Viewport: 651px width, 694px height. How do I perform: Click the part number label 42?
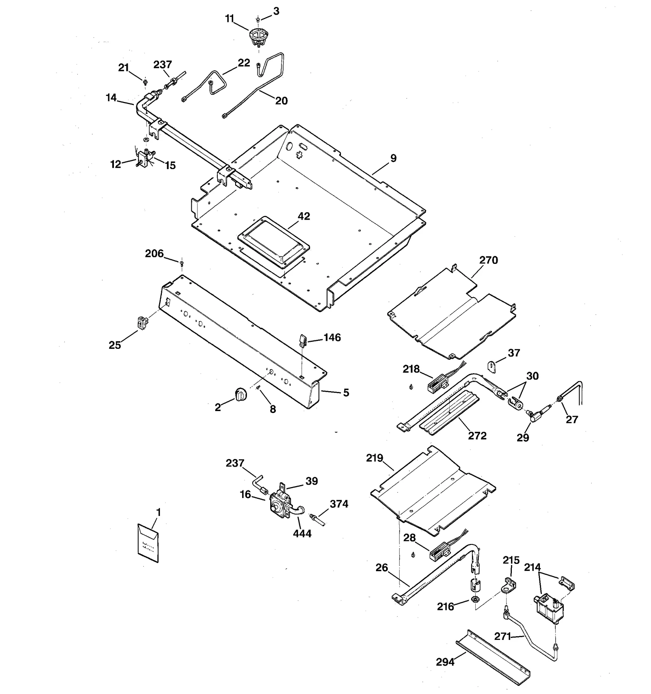coord(304,216)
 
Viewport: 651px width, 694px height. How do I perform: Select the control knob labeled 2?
coord(240,394)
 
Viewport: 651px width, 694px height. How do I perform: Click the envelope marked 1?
coord(148,543)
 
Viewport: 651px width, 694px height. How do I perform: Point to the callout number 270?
coord(488,260)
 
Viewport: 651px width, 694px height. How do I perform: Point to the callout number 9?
coord(393,158)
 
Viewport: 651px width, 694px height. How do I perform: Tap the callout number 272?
coord(477,436)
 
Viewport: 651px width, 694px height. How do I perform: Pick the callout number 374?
coord(339,504)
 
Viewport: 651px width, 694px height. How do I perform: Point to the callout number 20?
coord(281,101)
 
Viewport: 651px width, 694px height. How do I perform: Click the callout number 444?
coord(302,533)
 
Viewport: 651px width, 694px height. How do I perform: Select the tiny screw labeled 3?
coord(258,19)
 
